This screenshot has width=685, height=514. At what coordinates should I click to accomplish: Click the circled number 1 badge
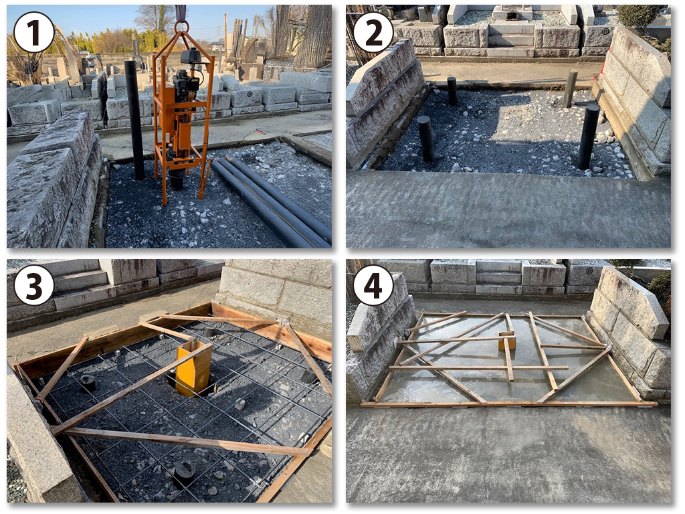coord(33,32)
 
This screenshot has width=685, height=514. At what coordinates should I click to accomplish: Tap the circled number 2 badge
coord(373,32)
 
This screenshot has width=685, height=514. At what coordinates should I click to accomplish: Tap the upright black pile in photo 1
coord(134,120)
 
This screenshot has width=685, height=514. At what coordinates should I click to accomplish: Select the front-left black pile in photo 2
coord(425,139)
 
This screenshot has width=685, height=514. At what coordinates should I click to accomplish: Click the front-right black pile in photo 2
coord(588,137)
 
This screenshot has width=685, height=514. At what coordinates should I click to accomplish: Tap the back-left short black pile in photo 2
coord(452,91)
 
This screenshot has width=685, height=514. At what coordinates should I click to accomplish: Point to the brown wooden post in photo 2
coord(570,88)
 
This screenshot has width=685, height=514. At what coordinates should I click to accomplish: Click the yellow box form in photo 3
coord(194,367)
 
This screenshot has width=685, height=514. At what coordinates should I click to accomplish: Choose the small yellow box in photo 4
coord(507,341)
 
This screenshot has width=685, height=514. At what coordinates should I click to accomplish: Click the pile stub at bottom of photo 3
coord(184,475)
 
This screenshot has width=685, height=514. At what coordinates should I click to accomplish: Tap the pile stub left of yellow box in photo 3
coord(88,383)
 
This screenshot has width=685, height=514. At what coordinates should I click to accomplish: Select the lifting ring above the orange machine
coord(181,26)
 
